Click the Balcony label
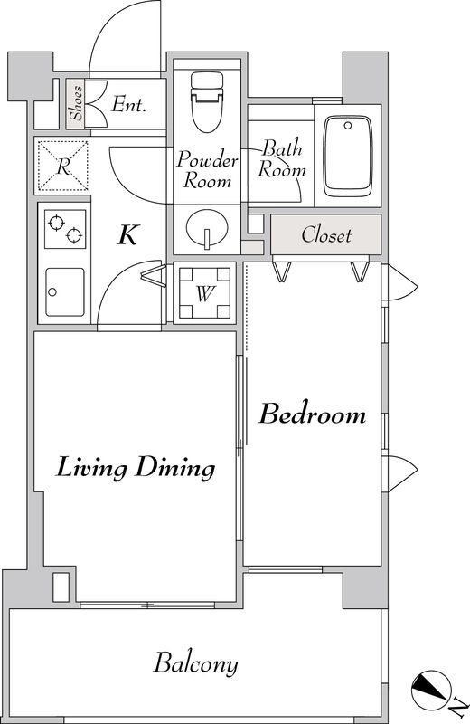pyautogui.click(x=196, y=663)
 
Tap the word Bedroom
pyautogui.click(x=312, y=414)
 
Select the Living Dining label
pyautogui.click(x=136, y=468)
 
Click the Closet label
pyautogui.click(x=326, y=234)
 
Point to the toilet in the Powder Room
pyautogui.click(x=207, y=102)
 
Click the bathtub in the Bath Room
pyautogui.click(x=348, y=157)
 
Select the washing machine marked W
pyautogui.click(x=204, y=292)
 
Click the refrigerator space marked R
pyautogui.click(x=62, y=167)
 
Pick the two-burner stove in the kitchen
pyautogui.click(x=65, y=229)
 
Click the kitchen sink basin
pyautogui.click(x=65, y=292)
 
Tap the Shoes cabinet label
pyautogui.click(x=76, y=103)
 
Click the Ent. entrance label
pyautogui.click(x=128, y=104)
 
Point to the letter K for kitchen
pyautogui.click(x=127, y=235)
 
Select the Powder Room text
pyautogui.click(x=207, y=169)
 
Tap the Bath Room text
pyautogui.click(x=281, y=158)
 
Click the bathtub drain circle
pyautogui.click(x=348, y=126)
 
